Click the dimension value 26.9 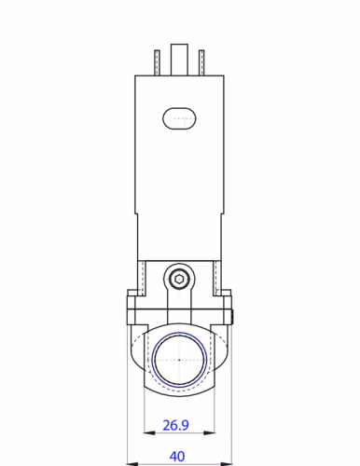175,425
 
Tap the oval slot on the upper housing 179,117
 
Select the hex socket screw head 179,278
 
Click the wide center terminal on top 179,60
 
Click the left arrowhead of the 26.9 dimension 147,435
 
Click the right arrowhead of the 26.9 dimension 212,435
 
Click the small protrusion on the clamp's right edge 233,314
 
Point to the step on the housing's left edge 137,215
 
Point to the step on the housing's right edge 222,215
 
